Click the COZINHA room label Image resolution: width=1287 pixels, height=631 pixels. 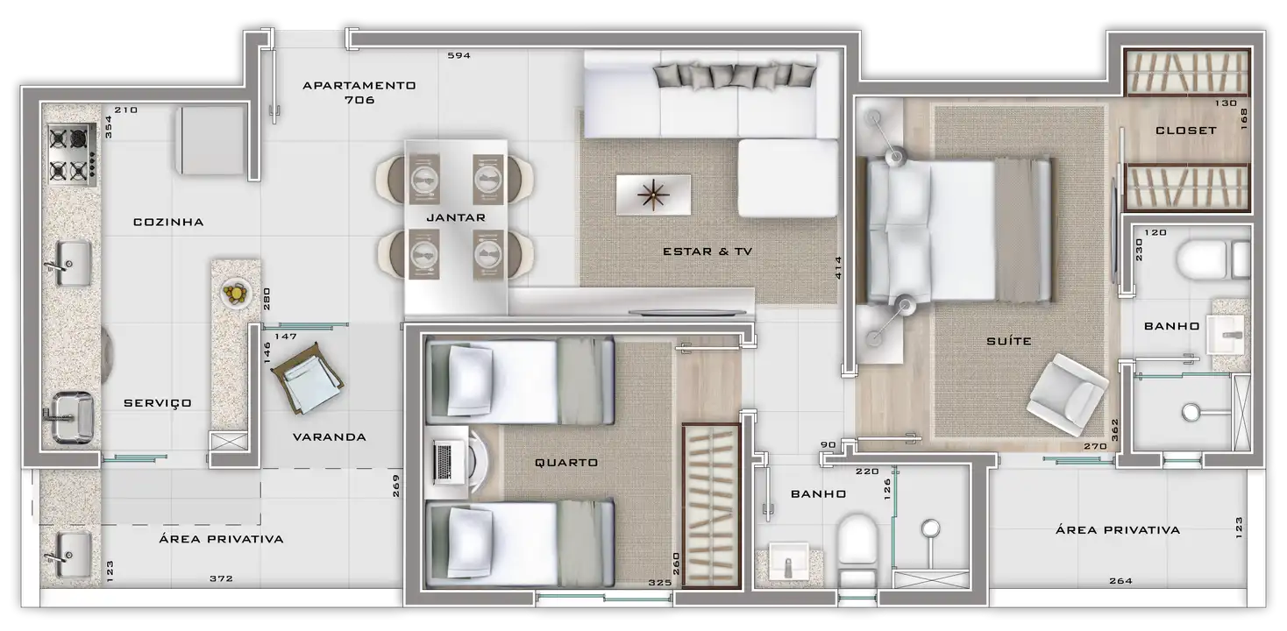click(168, 223)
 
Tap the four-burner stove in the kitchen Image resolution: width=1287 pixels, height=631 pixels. click(72, 154)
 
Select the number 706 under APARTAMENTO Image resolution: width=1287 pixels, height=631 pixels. click(359, 100)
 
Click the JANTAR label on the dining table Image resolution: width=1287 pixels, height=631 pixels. click(456, 217)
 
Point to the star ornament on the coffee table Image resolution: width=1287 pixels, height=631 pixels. click(653, 195)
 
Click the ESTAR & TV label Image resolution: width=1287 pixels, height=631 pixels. click(707, 252)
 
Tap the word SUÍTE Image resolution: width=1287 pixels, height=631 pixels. click(1009, 341)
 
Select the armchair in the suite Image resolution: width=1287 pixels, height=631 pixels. click(1067, 394)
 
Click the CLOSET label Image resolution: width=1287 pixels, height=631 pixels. click(1186, 131)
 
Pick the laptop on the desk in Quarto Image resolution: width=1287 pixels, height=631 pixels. click(444, 463)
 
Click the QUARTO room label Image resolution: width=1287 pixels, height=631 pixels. click(566, 463)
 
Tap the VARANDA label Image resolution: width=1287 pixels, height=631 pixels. click(330, 437)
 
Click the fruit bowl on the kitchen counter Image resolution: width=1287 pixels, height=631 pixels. click(236, 294)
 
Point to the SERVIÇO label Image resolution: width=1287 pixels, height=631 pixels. click(158, 403)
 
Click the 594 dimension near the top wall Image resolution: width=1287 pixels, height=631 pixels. click(459, 56)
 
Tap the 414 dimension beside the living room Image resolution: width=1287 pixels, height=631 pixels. click(838, 267)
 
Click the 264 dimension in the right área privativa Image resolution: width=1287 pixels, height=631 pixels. click(1120, 581)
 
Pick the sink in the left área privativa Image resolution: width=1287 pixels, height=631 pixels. click(68, 555)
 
